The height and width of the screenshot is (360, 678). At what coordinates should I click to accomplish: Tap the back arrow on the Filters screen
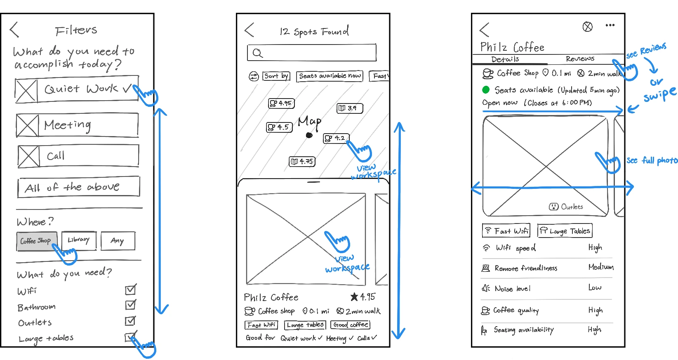coord(14,30)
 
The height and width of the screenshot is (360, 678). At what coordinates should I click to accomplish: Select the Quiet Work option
coord(77,89)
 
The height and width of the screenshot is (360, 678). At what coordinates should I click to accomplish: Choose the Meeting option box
coord(77,125)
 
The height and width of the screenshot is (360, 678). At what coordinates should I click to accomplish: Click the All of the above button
coord(78,187)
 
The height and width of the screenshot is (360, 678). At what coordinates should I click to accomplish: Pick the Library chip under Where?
coord(79,240)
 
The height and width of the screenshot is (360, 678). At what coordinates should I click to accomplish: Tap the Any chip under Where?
coord(118,241)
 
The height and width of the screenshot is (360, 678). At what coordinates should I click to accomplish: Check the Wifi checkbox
coord(130,290)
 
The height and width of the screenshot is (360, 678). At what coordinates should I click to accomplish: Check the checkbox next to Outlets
coord(130,321)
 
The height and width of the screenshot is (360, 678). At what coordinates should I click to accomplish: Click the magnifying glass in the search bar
coord(257,53)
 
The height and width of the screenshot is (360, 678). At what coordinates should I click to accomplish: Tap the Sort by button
coord(276,76)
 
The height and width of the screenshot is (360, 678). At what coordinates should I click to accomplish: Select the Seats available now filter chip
coord(330,76)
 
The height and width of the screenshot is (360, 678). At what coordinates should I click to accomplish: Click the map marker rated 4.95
coord(281,103)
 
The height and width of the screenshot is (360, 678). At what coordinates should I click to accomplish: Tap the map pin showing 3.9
coord(350,108)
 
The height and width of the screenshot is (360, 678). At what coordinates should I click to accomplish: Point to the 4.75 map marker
coord(302,162)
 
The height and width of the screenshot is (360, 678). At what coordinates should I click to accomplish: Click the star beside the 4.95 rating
coord(354,296)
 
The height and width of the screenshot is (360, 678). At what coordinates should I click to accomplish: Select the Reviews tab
coord(580,59)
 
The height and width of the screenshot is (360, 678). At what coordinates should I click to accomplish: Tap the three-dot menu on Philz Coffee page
coord(610,26)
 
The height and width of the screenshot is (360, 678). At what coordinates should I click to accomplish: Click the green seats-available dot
coord(486,89)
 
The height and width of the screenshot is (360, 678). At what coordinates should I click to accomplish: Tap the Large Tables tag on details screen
coord(565,231)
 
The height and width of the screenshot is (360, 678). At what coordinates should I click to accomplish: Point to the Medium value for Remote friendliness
coord(601,267)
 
